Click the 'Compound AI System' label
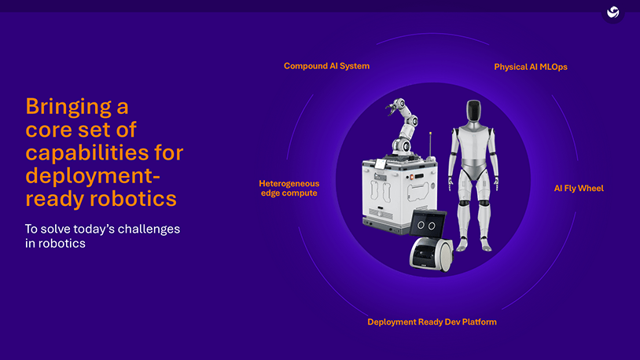(326, 66)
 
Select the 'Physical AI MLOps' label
(530, 67)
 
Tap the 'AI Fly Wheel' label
(579, 189)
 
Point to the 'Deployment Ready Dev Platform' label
(432, 322)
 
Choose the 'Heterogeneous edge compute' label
(289, 188)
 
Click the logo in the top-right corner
(612, 13)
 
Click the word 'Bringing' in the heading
(77, 106)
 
